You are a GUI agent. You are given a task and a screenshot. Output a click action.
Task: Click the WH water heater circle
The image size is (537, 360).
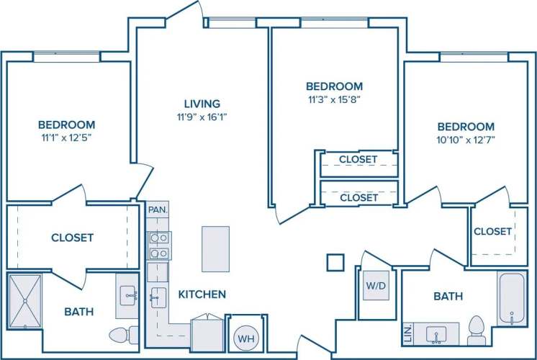coord(245,338)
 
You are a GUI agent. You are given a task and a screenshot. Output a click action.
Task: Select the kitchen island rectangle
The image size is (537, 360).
coord(215,248)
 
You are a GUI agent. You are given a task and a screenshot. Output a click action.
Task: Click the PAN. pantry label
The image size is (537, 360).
coord(157,210)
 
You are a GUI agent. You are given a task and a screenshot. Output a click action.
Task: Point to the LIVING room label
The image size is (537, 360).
coord(202,104)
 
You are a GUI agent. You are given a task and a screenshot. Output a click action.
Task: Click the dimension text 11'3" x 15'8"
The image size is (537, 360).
coord(333,99)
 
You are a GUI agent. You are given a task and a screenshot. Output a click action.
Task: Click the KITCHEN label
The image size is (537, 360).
coord(203,294)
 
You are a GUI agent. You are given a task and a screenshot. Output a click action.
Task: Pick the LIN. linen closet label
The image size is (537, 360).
coord(407,333)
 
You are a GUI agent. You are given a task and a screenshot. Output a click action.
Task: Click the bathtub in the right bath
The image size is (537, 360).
coord(513,299)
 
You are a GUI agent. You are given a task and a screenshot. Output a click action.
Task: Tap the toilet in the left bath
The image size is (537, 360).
coord(123,334)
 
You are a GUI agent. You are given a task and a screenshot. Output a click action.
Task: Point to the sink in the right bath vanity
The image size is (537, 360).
coord(436,334)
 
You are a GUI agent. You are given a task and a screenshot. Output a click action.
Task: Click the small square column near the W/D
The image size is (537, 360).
coord(335,262)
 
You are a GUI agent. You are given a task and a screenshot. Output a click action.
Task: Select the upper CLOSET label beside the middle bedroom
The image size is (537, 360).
coord(358,159)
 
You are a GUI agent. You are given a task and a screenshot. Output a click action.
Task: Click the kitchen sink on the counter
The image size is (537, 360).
coord(156,296)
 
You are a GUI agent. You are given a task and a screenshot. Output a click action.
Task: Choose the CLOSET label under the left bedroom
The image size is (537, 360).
coord(72,238)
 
